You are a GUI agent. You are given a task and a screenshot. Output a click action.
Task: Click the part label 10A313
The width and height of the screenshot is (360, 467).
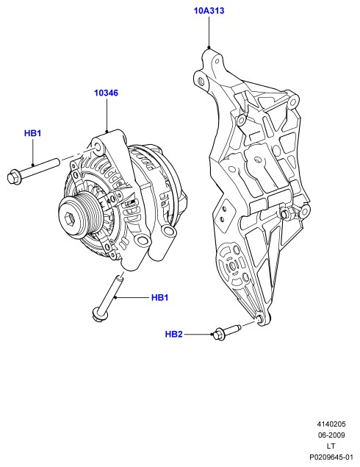pyautogui.click(x=209, y=11)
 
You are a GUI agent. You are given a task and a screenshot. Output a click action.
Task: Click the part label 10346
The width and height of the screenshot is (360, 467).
pyautogui.click(x=107, y=93)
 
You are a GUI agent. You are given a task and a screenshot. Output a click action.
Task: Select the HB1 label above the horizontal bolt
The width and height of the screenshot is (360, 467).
pyautogui.click(x=32, y=133)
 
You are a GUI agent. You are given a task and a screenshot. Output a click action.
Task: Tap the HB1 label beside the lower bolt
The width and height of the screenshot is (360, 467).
pyautogui.click(x=159, y=298)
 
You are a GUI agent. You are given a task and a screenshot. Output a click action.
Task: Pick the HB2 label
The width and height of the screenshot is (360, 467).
pyautogui.click(x=173, y=334)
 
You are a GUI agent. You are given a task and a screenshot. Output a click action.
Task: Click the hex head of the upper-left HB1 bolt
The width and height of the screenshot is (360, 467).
pyautogui.click(x=12, y=177)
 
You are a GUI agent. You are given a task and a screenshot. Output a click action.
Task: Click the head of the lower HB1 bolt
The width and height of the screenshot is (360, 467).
pyautogui.click(x=98, y=316)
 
